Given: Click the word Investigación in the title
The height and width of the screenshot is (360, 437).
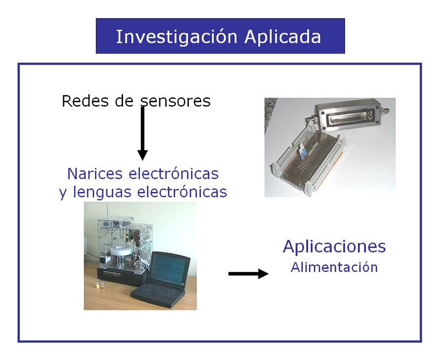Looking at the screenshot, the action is click(x=176, y=37).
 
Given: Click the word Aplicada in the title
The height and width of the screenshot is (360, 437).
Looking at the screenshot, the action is click(x=283, y=37).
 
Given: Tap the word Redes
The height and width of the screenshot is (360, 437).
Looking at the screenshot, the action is click(x=85, y=101).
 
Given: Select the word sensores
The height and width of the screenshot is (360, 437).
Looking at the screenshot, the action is click(x=175, y=102).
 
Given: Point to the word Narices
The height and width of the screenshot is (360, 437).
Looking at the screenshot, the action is click(x=95, y=174).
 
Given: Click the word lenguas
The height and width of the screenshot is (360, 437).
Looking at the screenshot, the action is click(x=102, y=192).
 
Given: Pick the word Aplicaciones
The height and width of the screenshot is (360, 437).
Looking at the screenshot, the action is click(x=334, y=247).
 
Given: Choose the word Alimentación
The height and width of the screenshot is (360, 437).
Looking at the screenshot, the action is click(x=334, y=267).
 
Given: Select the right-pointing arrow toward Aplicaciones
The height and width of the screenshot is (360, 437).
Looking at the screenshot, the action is click(x=248, y=274).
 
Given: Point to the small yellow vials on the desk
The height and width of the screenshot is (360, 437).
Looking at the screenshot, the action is click(x=100, y=285).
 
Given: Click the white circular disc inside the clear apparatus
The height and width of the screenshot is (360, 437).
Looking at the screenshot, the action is click(x=123, y=250).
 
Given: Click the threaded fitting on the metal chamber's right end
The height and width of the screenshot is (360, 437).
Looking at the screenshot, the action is click(x=386, y=112).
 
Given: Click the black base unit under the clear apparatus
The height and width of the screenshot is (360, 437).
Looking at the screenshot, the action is click(x=122, y=276).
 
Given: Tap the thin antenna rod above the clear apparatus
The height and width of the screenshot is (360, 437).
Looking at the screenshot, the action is click(x=107, y=212).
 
